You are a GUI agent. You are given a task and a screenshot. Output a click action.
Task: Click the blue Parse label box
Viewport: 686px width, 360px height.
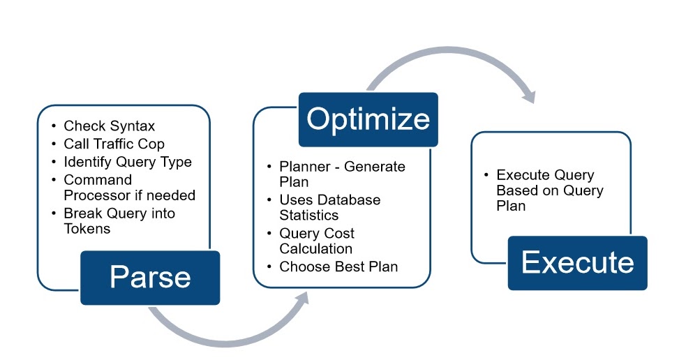[150, 278]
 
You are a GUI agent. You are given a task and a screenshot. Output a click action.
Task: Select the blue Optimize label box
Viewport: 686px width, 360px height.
[368, 119]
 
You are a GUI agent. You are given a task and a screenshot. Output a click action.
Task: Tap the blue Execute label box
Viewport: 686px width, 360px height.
[577, 263]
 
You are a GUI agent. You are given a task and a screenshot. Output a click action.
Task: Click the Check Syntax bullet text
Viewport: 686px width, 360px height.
[109, 126]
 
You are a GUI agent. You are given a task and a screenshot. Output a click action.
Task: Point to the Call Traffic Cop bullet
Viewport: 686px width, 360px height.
[114, 144]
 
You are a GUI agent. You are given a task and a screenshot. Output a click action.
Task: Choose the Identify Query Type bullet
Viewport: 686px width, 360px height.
[127, 162]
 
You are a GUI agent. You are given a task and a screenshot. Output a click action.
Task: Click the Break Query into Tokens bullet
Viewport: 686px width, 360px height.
[119, 220]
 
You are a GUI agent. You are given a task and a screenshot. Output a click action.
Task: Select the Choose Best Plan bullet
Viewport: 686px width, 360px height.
[338, 267]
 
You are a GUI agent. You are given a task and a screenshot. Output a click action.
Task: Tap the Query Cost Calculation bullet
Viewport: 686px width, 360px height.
[317, 241]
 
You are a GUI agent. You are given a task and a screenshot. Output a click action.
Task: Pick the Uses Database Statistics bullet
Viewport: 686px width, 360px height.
[329, 207]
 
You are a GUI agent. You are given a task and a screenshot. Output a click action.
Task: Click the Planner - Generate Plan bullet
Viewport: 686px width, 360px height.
[341, 174]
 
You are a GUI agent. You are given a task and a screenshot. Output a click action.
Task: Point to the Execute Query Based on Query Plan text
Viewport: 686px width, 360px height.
[550, 190]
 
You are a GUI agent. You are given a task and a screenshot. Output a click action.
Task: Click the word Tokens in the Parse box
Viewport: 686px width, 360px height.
[87, 228]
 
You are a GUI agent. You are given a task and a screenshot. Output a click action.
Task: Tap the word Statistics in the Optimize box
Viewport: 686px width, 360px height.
[308, 215]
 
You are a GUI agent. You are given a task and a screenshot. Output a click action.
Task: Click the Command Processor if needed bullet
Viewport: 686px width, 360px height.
[129, 188]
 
